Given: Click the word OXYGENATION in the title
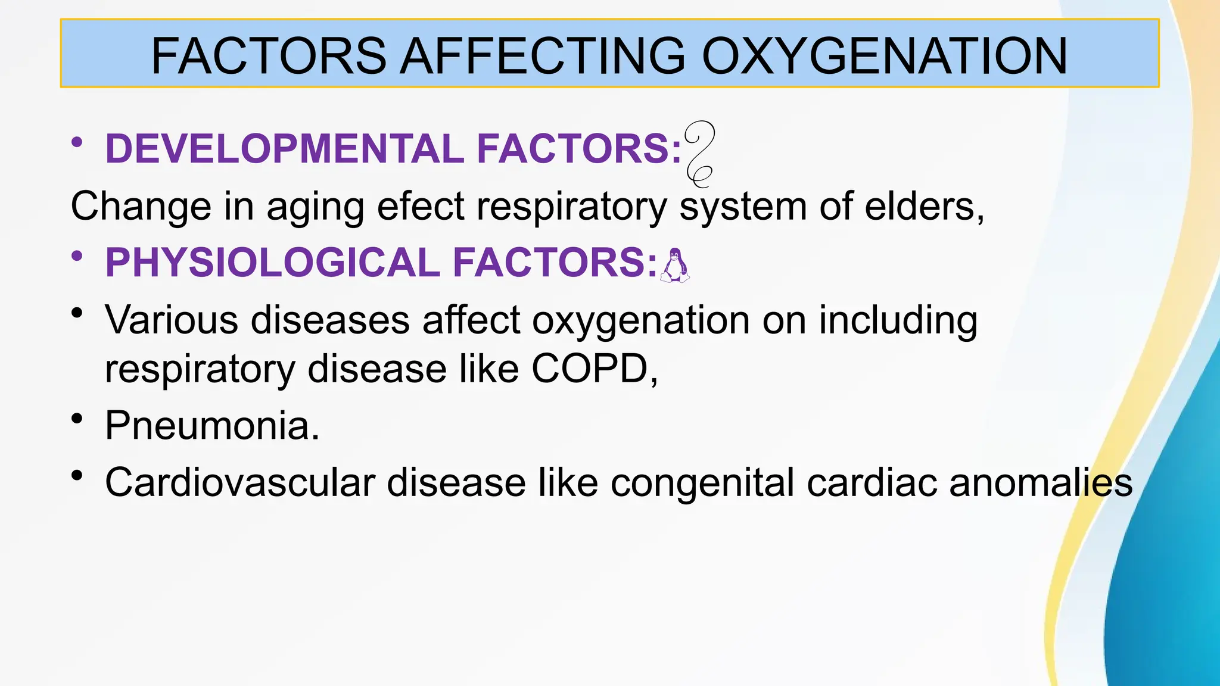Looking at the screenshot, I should pos(885,56).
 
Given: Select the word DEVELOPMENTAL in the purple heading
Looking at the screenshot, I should pos(285,148).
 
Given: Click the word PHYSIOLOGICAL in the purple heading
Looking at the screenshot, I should pos(273,263).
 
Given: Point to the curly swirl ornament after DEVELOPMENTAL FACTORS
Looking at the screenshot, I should pos(699,154).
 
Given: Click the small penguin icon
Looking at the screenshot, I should pos(675,266).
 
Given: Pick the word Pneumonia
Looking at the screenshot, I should pos(212,426).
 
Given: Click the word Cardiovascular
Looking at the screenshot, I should pos(240,482).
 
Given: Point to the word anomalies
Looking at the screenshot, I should pos(1040,482).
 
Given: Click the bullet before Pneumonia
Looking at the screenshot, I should pos(76,419).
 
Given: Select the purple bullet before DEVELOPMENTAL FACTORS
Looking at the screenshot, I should pos(76,142).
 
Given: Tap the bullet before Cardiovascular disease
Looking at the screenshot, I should pos(76,475).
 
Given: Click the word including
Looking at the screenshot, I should pos(898,320).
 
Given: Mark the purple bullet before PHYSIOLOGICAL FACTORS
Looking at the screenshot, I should pos(76,257).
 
